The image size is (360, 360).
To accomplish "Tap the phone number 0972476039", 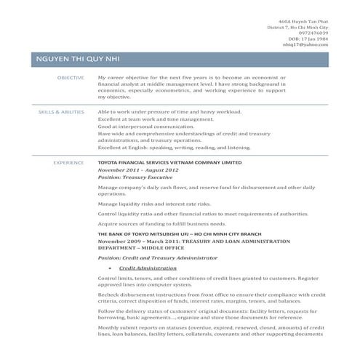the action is coord(311,33).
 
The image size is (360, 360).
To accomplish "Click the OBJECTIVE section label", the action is coord(71,77).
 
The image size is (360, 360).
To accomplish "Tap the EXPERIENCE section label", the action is coord(69,163).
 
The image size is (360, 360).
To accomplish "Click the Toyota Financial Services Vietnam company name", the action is coord(169,163).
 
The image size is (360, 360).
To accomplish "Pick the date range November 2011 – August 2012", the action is coord(138,169).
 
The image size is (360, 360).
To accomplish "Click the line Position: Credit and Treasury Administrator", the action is coord(158,257).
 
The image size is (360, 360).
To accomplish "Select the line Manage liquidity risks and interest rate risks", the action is coord(154,204).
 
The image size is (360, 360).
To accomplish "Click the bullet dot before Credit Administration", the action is coord(110,268).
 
